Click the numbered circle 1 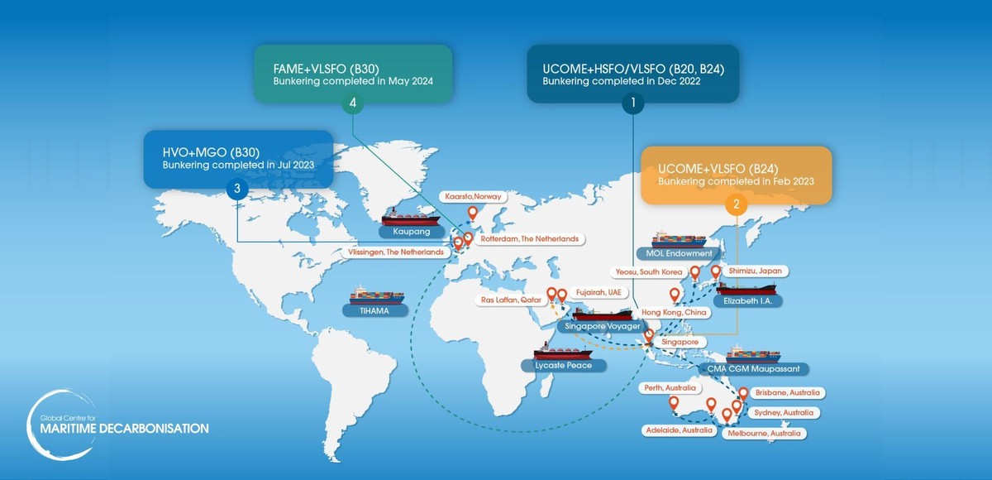pyautogui.click(x=632, y=104)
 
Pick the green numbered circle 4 pyautogui.click(x=353, y=104)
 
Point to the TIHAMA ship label pyautogui.click(x=377, y=311)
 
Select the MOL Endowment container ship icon pyautogui.click(x=679, y=238)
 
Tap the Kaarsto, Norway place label pyautogui.click(x=472, y=196)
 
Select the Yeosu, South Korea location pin pyautogui.click(x=695, y=273)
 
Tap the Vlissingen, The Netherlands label pyautogui.click(x=398, y=252)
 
